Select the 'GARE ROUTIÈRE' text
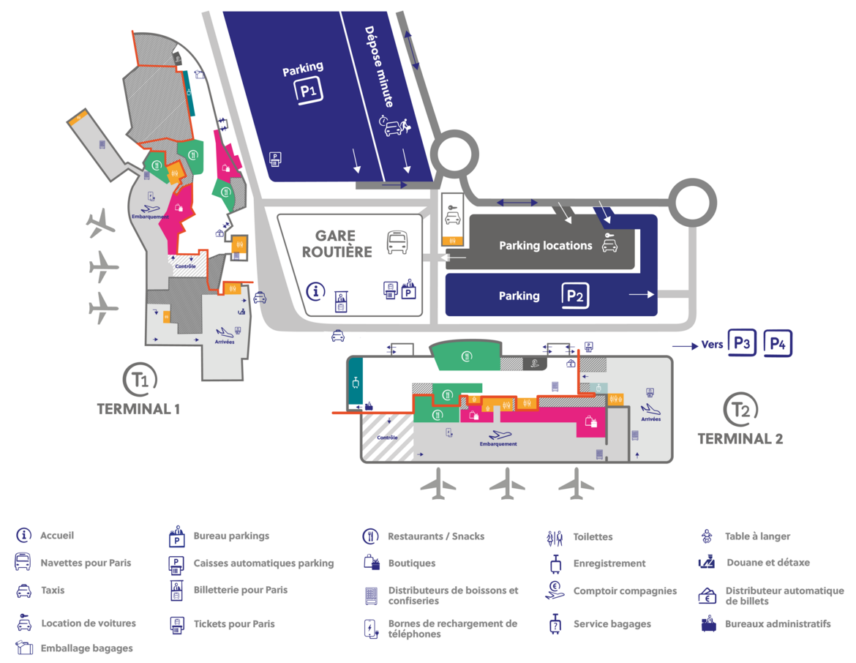pyautogui.click(x=337, y=244)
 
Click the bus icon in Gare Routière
pyautogui.click(x=397, y=242)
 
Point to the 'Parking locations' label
pyautogui.click(x=545, y=246)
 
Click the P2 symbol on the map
pyautogui.click(x=575, y=296)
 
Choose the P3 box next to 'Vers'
pyautogui.click(x=742, y=343)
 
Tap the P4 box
pyautogui.click(x=778, y=343)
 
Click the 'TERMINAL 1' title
pyautogui.click(x=138, y=409)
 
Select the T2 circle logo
pyautogui.click(x=740, y=410)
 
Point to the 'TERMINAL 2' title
pyautogui.click(x=740, y=439)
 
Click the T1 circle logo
pyautogui.click(x=140, y=380)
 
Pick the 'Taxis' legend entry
pyautogui.click(x=53, y=591)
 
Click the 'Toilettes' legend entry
pyautogui.click(x=593, y=537)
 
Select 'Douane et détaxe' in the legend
pyautogui.click(x=768, y=563)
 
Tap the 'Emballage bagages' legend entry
pyautogui.click(x=87, y=648)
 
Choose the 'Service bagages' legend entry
pyautogui.click(x=612, y=623)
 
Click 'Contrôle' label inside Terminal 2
pyautogui.click(x=387, y=438)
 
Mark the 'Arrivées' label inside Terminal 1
pyautogui.click(x=225, y=342)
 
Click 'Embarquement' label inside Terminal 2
pyautogui.click(x=498, y=444)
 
